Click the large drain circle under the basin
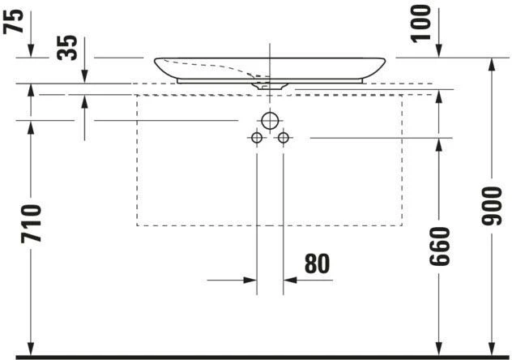pos(269,122)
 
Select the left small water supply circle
pos(256,139)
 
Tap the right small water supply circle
pos(283,139)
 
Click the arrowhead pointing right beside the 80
pos(249,281)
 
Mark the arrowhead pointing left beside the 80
pos(291,281)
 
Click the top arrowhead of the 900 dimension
pos(493,65)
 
